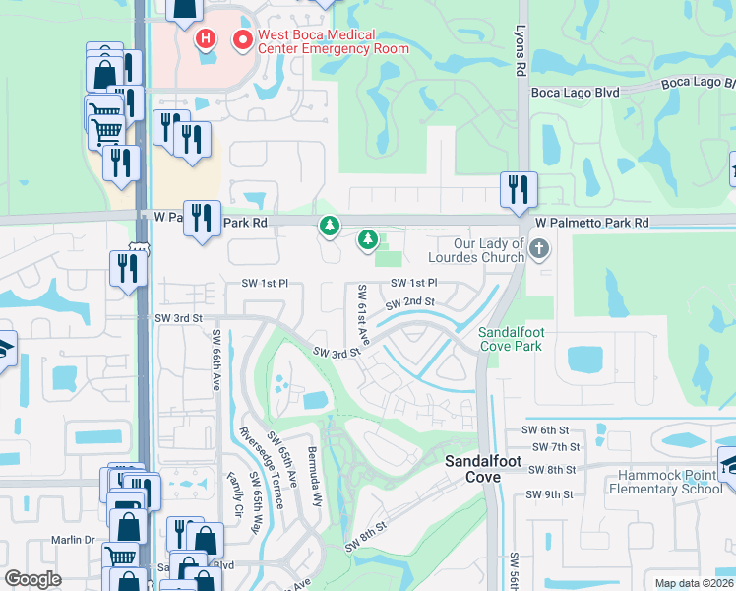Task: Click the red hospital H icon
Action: (205, 39)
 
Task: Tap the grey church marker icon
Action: (538, 249)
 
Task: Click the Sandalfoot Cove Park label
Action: (511, 340)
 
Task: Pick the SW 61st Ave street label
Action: (363, 315)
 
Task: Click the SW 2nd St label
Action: (411, 301)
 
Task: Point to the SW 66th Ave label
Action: (216, 361)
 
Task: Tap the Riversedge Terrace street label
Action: (261, 468)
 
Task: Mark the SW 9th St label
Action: (548, 494)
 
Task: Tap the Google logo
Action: (32, 579)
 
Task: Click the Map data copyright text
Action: (695, 583)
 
